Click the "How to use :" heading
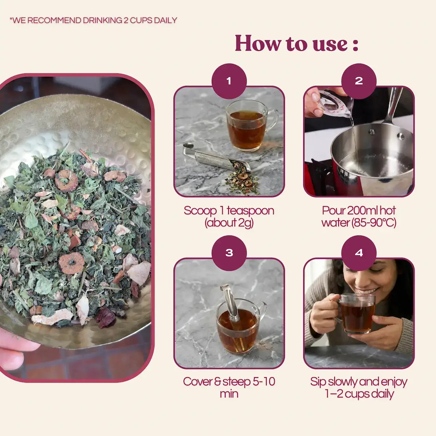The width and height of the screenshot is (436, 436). [x=296, y=43]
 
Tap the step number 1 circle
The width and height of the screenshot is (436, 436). [x=229, y=81]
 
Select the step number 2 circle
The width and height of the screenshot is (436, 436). [x=359, y=81]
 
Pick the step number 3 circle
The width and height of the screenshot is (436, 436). [x=229, y=253]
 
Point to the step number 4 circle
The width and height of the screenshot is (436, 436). [x=359, y=253]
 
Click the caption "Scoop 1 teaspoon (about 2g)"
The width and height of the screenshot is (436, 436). [x=229, y=217]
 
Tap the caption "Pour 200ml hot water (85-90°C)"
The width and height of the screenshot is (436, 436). [x=359, y=217]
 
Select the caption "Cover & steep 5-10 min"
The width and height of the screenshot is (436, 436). [x=229, y=387]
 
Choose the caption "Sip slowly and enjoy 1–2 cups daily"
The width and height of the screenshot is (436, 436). [x=359, y=387]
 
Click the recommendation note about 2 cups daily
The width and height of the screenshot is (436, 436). [x=93, y=20]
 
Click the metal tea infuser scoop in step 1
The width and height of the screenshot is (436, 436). [x=214, y=157]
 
